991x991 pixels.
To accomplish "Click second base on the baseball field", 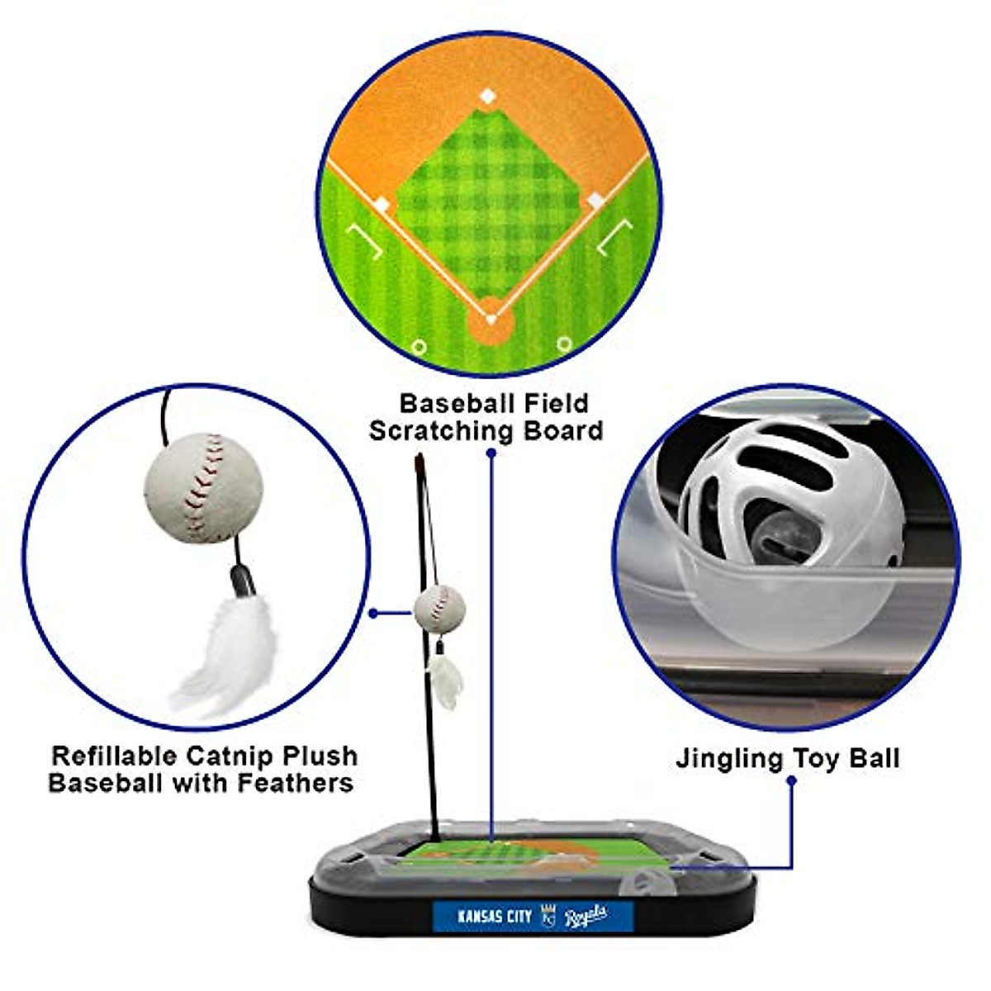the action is (488, 97).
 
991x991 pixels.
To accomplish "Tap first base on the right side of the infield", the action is (595, 201).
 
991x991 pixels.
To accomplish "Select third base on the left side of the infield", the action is (382, 203).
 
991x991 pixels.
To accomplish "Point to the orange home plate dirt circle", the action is (491, 320).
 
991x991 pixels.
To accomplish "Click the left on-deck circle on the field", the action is (419, 347).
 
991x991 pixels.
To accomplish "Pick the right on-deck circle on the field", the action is (564, 343).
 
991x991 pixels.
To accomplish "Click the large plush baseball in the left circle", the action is (203, 486).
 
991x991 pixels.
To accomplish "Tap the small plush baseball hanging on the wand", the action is (439, 608).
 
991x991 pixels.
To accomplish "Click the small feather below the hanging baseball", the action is (446, 681).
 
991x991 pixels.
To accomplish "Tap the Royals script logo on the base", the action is (586, 914).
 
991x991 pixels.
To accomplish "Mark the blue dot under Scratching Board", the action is (491, 453).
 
